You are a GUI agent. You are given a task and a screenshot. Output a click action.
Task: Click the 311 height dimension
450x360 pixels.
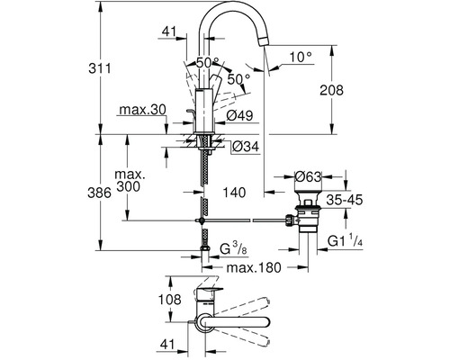pos(100,68)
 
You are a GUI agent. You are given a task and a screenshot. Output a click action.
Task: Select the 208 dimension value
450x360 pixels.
pos(331,90)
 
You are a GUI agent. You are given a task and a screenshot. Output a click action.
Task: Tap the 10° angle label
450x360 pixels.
pos(301,57)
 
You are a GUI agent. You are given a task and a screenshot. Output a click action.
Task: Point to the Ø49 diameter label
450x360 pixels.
pos(239,116)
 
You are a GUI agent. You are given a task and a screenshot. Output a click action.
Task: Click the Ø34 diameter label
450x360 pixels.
pos(246,147)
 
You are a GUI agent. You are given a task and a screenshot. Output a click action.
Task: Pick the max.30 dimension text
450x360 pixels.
pos(142,110)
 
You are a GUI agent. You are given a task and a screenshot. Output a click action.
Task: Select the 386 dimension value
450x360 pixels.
pos(99,193)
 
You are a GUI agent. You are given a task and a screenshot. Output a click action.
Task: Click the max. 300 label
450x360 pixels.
pos(130,181)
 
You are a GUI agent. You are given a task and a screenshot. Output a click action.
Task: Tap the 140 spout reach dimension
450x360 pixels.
pos(234,193)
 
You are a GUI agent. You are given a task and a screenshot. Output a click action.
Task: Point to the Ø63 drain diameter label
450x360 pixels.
pos(308,176)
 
